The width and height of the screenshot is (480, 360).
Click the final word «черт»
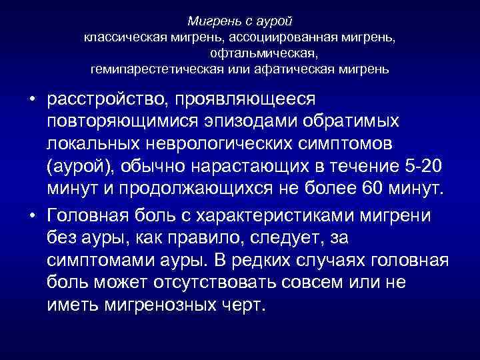[x=249, y=305]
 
